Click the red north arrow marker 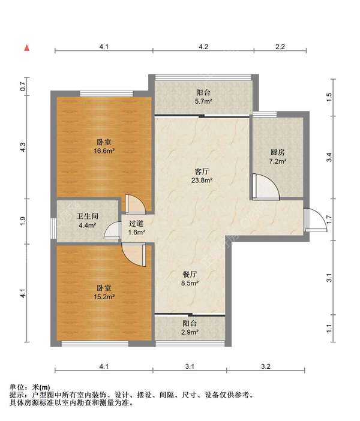pyautogui.click(x=27, y=48)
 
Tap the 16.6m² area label pyautogui.click(x=104, y=151)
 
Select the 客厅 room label pyautogui.click(x=202, y=172)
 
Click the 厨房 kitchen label pyautogui.click(x=278, y=152)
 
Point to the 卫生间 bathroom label pyautogui.click(x=88, y=216)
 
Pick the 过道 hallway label pyautogui.click(x=136, y=223)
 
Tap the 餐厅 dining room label pyautogui.click(x=190, y=274)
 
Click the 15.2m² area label pyautogui.click(x=104, y=297)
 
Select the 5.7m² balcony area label pyautogui.click(x=203, y=101)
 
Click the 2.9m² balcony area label pyautogui.click(x=190, y=332)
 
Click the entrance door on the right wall pyautogui.click(x=315, y=220)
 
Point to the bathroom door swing pyautogui.click(x=112, y=230)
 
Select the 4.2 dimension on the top pyautogui.click(x=203, y=47)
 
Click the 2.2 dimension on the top pyautogui.click(x=280, y=47)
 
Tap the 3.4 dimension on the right pyautogui.click(x=329, y=157)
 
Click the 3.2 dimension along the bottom pyautogui.click(x=266, y=366)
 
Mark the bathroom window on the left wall pyautogui.click(x=53, y=228)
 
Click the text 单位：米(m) pyautogui.click(x=30, y=387)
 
